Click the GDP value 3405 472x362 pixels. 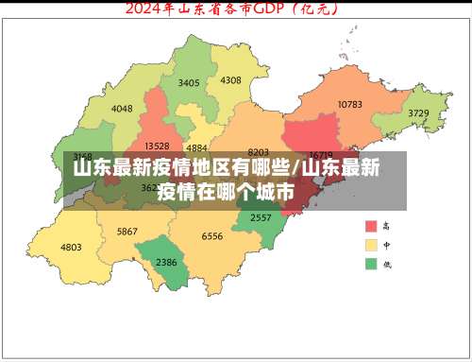click(189, 82)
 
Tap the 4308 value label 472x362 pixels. click(230, 79)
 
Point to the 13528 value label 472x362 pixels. click(157, 146)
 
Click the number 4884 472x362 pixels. click(197, 147)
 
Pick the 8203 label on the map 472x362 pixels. click(258, 151)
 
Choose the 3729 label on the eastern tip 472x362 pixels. click(418, 112)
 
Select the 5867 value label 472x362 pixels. click(127, 232)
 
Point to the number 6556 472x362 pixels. click(212, 236)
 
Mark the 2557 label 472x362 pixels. click(261, 216)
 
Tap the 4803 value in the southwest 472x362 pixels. click(71, 248)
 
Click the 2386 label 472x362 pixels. click(166, 262)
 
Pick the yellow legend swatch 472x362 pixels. click(372, 245)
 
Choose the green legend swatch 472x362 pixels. click(372, 263)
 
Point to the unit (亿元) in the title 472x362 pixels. click(317, 10)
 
